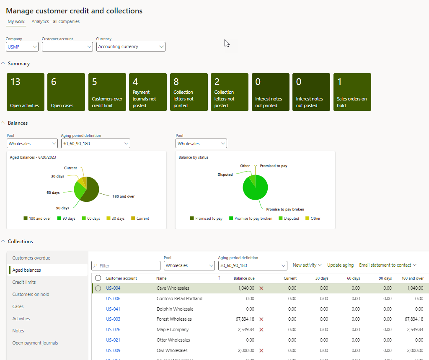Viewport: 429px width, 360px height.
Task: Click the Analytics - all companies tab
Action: [55, 21]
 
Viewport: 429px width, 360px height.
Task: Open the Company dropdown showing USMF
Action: [22, 47]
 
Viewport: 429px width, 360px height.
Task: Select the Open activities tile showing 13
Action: [26, 92]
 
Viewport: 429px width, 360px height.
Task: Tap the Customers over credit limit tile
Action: [107, 92]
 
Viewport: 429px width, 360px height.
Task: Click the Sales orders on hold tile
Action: [352, 92]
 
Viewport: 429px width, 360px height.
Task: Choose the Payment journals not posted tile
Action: [148, 92]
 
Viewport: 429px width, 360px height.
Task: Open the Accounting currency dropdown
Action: [131, 47]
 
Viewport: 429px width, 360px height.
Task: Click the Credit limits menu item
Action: [24, 282]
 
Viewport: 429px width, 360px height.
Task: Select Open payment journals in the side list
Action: [35, 343]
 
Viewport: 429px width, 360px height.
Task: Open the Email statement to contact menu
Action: [388, 265]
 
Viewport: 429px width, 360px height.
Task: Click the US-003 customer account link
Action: [113, 319]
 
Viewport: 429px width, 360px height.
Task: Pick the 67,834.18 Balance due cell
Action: [243, 319]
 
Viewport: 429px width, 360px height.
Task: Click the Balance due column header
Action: [244, 278]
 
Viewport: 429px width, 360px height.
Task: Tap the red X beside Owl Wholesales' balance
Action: [261, 350]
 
